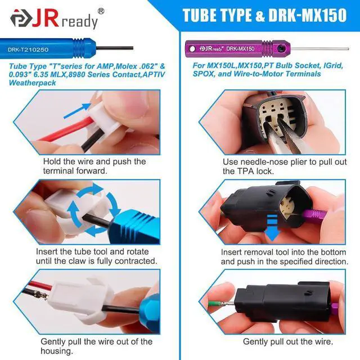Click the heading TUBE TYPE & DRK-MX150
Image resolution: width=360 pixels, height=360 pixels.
point(264,15)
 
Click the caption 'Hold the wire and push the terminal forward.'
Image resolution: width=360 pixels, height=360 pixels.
point(94,166)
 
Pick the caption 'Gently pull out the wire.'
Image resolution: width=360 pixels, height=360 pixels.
point(287,341)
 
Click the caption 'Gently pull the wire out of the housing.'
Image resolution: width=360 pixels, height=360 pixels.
point(96,346)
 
